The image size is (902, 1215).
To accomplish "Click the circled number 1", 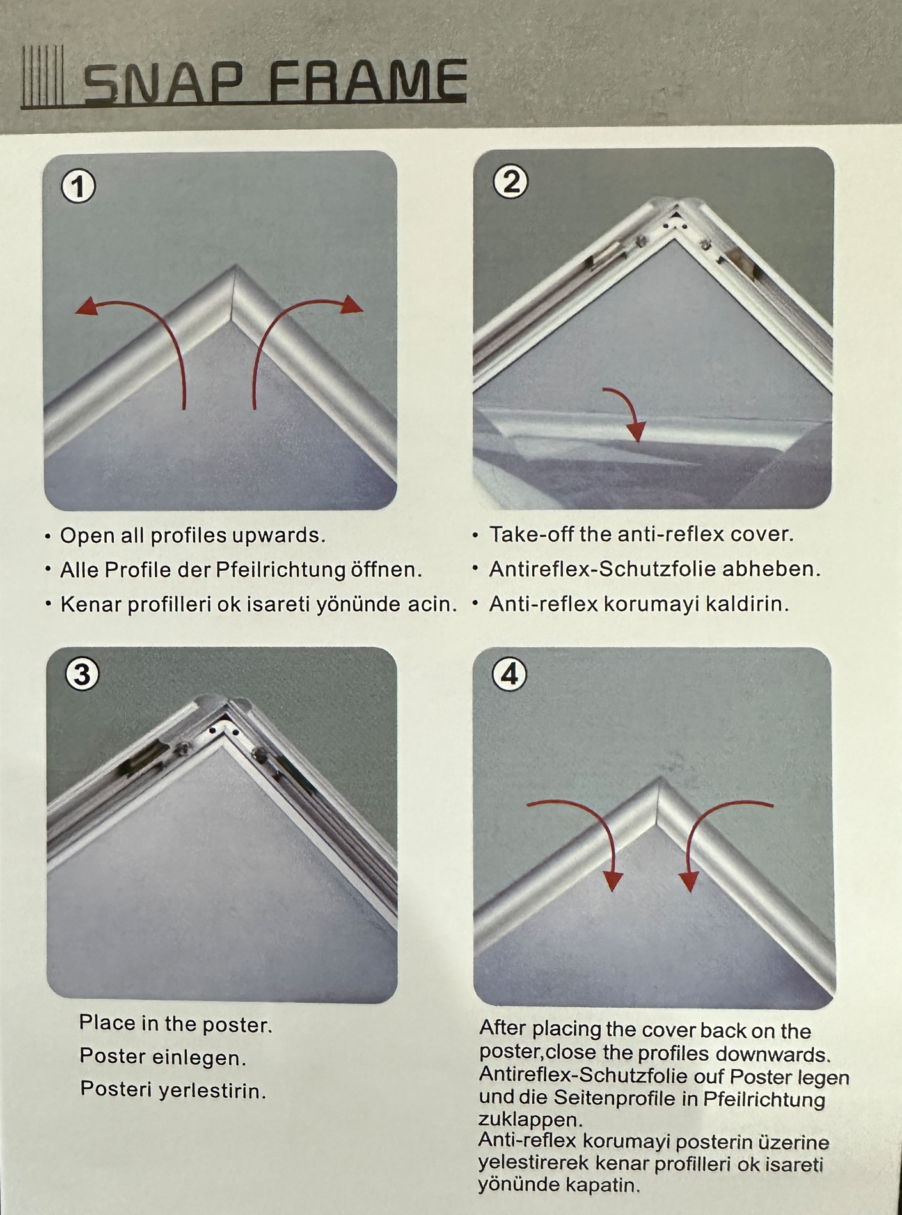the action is tap(79, 186).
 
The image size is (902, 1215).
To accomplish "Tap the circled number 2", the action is tap(511, 182).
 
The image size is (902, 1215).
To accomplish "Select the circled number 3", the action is tap(83, 674).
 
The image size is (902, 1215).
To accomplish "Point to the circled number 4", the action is tap(510, 674).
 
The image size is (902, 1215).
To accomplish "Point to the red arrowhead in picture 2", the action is tap(636, 431).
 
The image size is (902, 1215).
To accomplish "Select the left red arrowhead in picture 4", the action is tap(613, 881).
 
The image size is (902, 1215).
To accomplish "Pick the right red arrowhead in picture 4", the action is tap(689, 882).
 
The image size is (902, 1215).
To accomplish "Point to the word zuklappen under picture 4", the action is tap(530, 1120).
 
